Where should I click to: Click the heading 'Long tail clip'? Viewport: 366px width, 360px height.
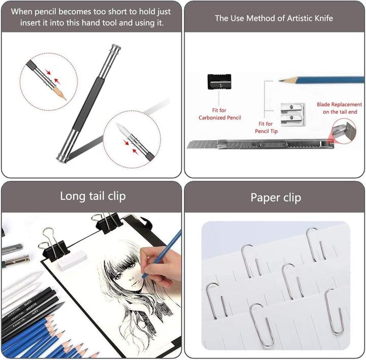(x=93, y=195)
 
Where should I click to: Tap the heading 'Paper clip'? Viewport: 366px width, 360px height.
(x=276, y=197)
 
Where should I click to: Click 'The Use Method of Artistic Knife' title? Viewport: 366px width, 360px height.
(x=274, y=18)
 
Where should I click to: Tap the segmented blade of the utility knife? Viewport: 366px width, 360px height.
(x=203, y=145)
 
